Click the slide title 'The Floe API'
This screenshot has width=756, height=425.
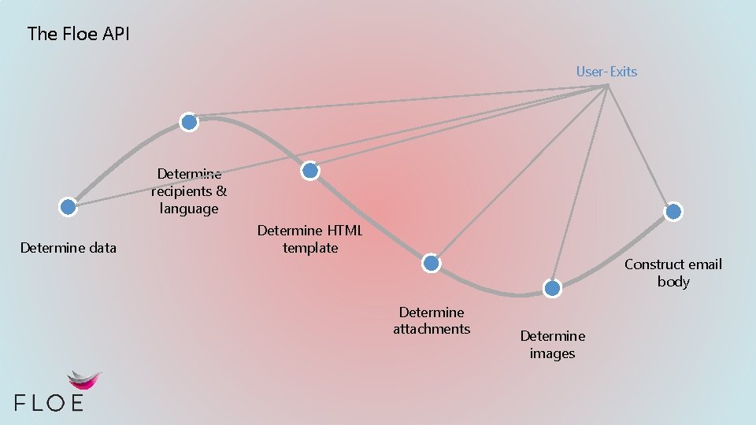pyautogui.click(x=79, y=34)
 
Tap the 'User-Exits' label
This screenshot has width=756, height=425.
pyautogui.click(x=606, y=72)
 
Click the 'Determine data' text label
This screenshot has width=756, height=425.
pyautogui.click(x=69, y=248)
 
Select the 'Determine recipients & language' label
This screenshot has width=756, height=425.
pyautogui.click(x=189, y=191)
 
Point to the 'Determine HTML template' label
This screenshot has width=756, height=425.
pyautogui.click(x=310, y=239)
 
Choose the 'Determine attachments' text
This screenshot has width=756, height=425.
pyautogui.click(x=432, y=320)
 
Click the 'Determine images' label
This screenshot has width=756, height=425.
pyautogui.click(x=552, y=345)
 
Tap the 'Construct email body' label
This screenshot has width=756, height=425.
pyautogui.click(x=673, y=272)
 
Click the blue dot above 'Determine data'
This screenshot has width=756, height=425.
pyautogui.click(x=69, y=207)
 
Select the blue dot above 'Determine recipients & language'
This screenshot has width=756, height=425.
pyautogui.click(x=189, y=122)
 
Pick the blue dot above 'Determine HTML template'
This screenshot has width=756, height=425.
pyautogui.click(x=310, y=170)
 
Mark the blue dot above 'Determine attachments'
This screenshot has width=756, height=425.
pyautogui.click(x=431, y=264)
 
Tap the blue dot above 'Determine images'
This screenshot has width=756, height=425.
pyautogui.click(x=553, y=288)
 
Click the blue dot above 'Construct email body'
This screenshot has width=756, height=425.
pyautogui.click(x=673, y=211)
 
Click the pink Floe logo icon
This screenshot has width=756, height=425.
pyautogui.click(x=84, y=381)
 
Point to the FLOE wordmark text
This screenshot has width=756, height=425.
pyautogui.click(x=49, y=402)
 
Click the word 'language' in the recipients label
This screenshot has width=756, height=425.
pyautogui.click(x=189, y=209)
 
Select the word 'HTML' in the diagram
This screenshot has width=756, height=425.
pyautogui.click(x=343, y=231)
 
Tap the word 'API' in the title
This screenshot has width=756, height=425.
pyautogui.click(x=116, y=34)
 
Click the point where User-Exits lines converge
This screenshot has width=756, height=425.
pyautogui.click(x=608, y=85)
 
